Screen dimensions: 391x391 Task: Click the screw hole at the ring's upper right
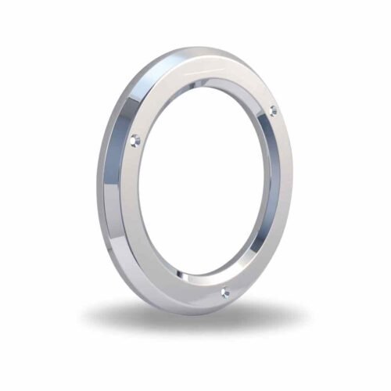pyautogui.click(x=274, y=111)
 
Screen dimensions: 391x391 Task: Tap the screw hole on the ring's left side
pyautogui.click(x=135, y=141)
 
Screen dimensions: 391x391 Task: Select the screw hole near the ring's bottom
pyautogui.click(x=225, y=292)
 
